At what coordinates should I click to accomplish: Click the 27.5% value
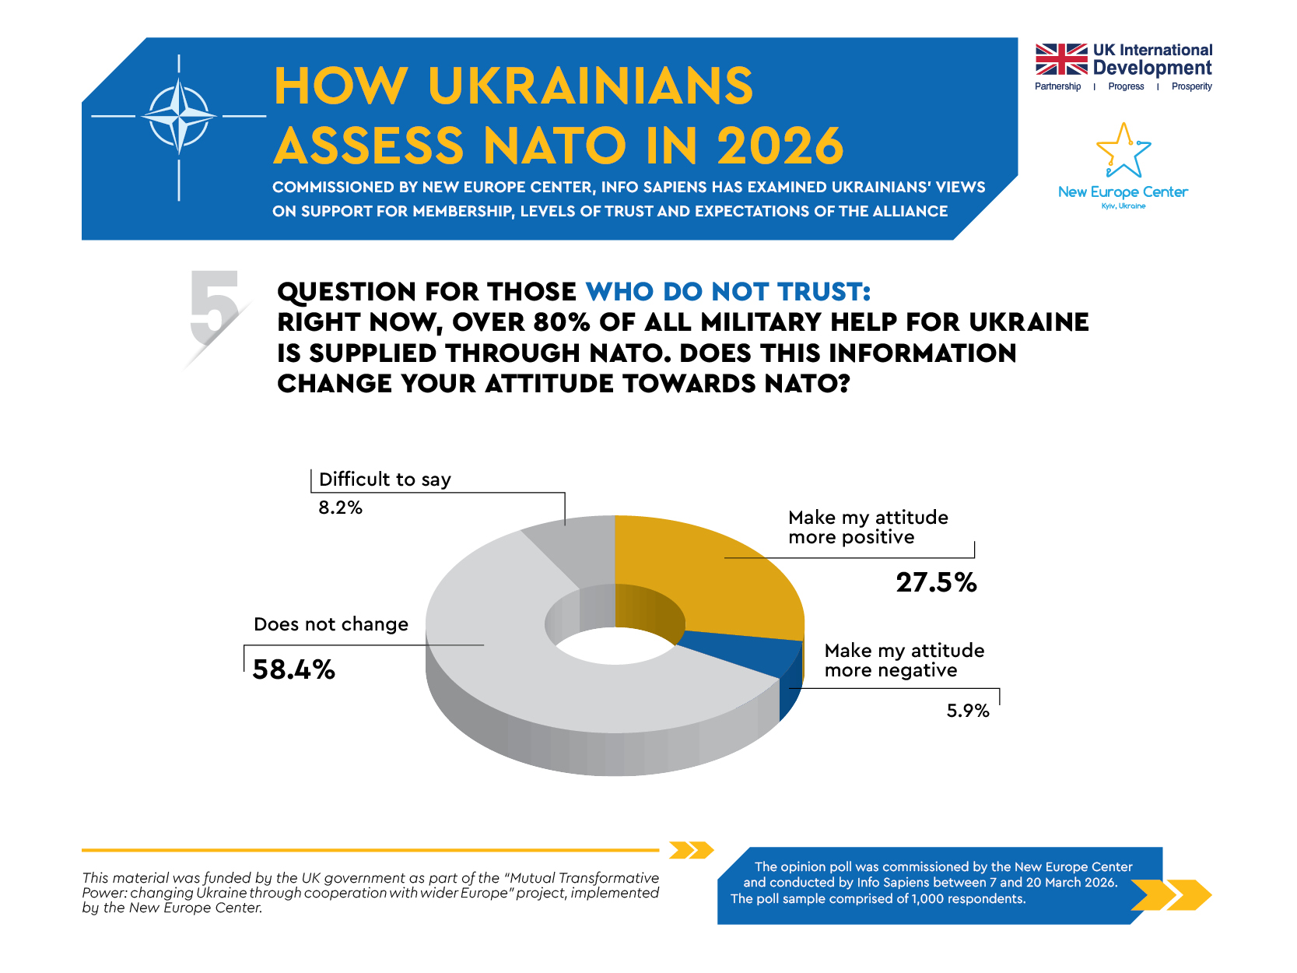936,582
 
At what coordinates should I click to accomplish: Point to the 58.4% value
293,669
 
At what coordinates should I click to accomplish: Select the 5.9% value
967,711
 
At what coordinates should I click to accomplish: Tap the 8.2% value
340,508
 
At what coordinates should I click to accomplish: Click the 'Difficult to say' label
384,479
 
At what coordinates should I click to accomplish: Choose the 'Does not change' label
331,624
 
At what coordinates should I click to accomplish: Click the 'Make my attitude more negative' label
904,660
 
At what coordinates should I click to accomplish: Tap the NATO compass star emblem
179,117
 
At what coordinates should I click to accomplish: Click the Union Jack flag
1060,59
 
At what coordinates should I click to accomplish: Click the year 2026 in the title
780,146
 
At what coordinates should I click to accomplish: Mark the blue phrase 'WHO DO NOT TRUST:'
728,291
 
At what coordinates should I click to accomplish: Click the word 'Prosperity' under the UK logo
1191,86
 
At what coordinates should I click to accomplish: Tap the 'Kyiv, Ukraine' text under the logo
1123,206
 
